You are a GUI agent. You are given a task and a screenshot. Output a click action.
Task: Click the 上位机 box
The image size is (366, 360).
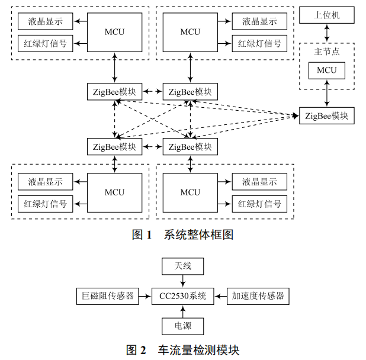tap(326, 15)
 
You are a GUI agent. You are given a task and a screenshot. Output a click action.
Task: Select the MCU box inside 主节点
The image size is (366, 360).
tap(326, 70)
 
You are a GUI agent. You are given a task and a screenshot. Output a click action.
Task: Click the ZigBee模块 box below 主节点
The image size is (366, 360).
tap(326, 115)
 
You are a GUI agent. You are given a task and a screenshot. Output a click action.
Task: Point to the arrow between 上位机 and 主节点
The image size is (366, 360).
tap(326, 33)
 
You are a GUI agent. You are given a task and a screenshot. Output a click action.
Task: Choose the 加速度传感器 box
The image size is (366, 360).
tap(258, 295)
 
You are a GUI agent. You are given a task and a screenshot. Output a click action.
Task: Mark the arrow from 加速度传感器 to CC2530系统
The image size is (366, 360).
tap(220, 295)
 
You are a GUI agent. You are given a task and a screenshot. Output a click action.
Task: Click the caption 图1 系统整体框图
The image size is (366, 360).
tap(182, 235)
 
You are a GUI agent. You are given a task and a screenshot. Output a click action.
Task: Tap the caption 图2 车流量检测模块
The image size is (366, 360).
tap(182, 350)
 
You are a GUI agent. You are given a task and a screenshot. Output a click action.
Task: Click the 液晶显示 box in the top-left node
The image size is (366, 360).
tap(45, 22)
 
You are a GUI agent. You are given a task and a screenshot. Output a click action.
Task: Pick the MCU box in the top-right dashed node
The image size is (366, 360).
tap(190, 32)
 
